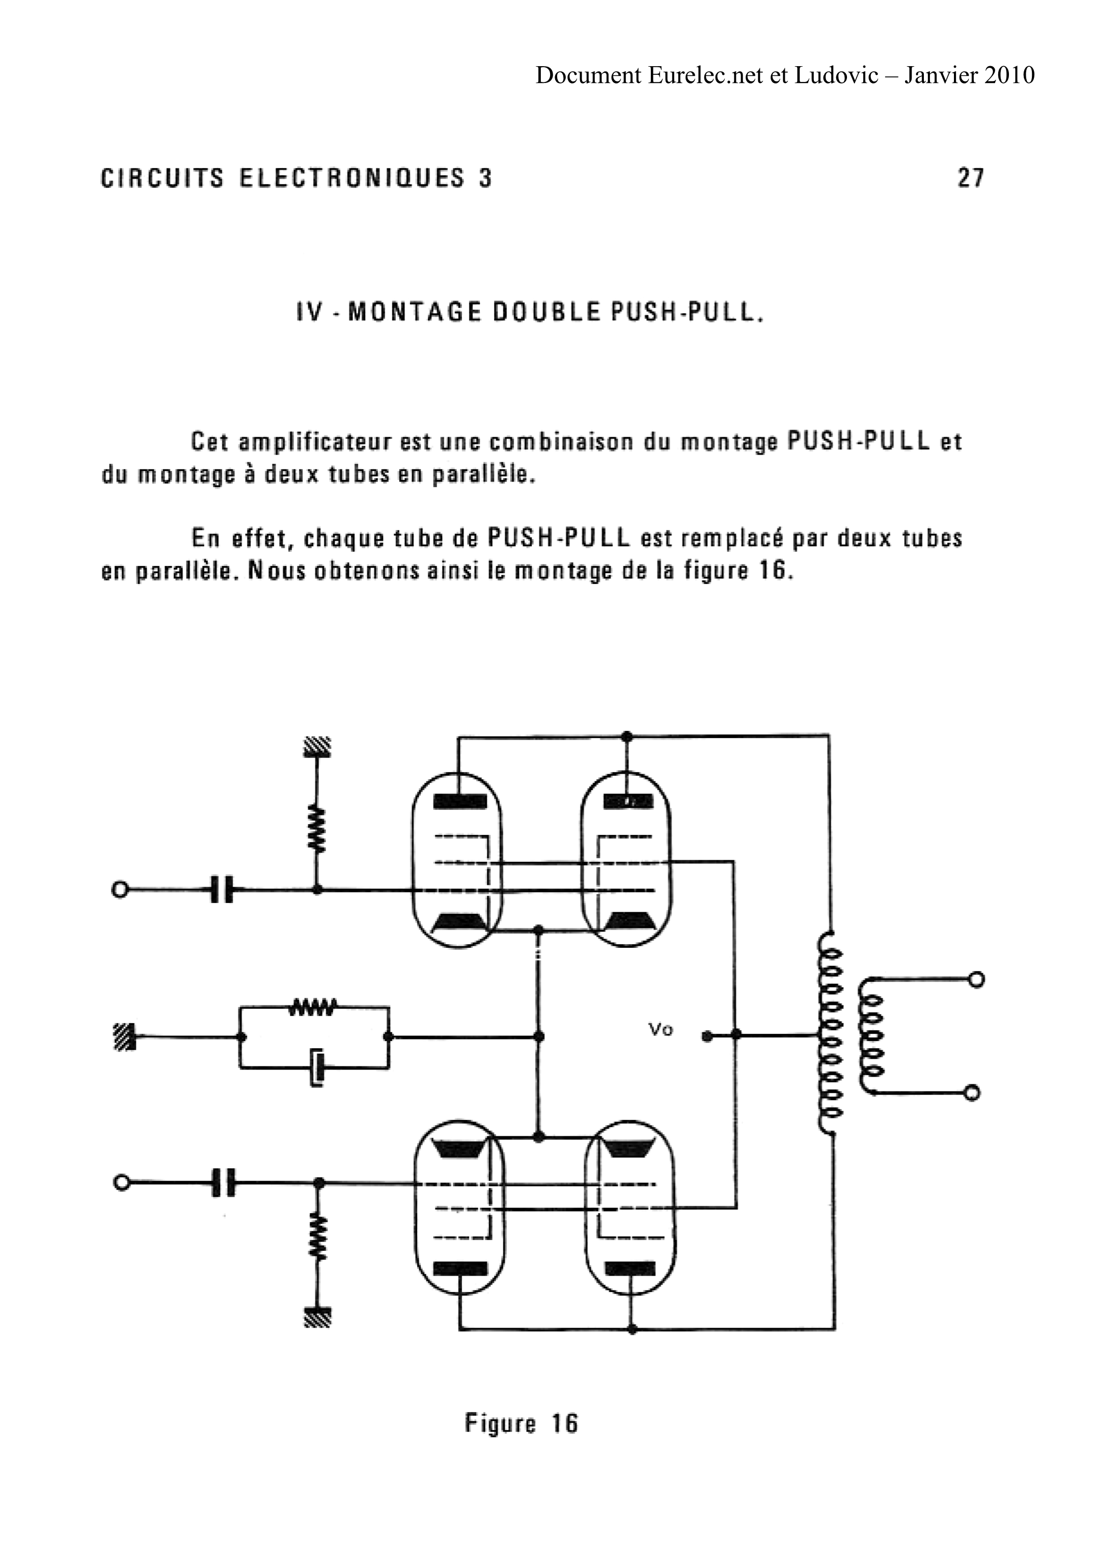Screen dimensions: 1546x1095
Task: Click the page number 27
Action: (x=970, y=178)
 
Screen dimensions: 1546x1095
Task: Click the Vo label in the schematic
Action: (x=660, y=1029)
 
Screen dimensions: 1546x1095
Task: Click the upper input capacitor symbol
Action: (x=221, y=890)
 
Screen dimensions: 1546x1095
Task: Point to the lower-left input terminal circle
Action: (x=121, y=1182)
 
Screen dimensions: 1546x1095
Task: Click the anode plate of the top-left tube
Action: (x=459, y=801)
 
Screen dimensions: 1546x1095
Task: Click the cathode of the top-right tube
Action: (x=627, y=922)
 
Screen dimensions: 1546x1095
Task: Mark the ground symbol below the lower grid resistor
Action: (x=318, y=1317)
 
